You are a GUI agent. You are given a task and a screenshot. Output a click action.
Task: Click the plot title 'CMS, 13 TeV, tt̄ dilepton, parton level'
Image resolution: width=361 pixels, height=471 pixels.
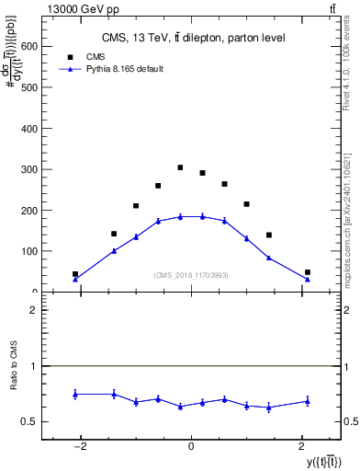tap(193, 38)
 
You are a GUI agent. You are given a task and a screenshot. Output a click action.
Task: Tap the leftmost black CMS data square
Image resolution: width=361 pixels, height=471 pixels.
tap(75, 274)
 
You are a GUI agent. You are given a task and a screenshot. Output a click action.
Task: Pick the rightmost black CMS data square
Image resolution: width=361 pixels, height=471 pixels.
tap(308, 272)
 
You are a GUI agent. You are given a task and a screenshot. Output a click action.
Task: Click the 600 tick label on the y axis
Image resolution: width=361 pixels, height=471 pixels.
tap(28, 46)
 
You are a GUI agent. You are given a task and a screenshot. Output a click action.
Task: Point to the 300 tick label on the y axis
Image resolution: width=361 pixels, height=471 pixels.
tap(28, 169)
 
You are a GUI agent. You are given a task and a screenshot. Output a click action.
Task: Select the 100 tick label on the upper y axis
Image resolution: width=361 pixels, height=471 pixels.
tap(28, 251)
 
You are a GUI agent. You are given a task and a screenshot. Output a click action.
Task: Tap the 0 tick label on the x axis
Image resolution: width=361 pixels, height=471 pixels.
tap(191, 448)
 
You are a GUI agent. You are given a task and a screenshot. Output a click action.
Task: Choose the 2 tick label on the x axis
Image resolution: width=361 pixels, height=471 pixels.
tap(301, 448)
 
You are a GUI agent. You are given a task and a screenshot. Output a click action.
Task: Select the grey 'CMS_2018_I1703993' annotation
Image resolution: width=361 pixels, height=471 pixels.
tap(191, 275)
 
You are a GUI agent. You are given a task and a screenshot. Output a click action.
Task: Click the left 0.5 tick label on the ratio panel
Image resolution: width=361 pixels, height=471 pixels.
tap(30, 421)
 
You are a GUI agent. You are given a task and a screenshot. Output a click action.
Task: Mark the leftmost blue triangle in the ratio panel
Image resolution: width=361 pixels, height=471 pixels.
tap(75, 394)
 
